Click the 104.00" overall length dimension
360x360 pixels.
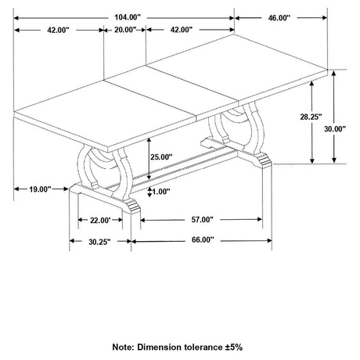point(128,17)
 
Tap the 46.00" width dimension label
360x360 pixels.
point(279,18)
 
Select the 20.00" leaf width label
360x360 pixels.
point(125,30)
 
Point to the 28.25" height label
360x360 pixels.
point(311,117)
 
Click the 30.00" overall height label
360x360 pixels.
point(335,128)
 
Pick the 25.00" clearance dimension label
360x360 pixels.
point(161,157)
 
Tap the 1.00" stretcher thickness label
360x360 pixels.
point(161,192)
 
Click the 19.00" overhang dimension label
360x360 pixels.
point(40,189)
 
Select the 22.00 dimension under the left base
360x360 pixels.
point(101,221)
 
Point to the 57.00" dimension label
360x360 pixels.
point(203,220)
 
